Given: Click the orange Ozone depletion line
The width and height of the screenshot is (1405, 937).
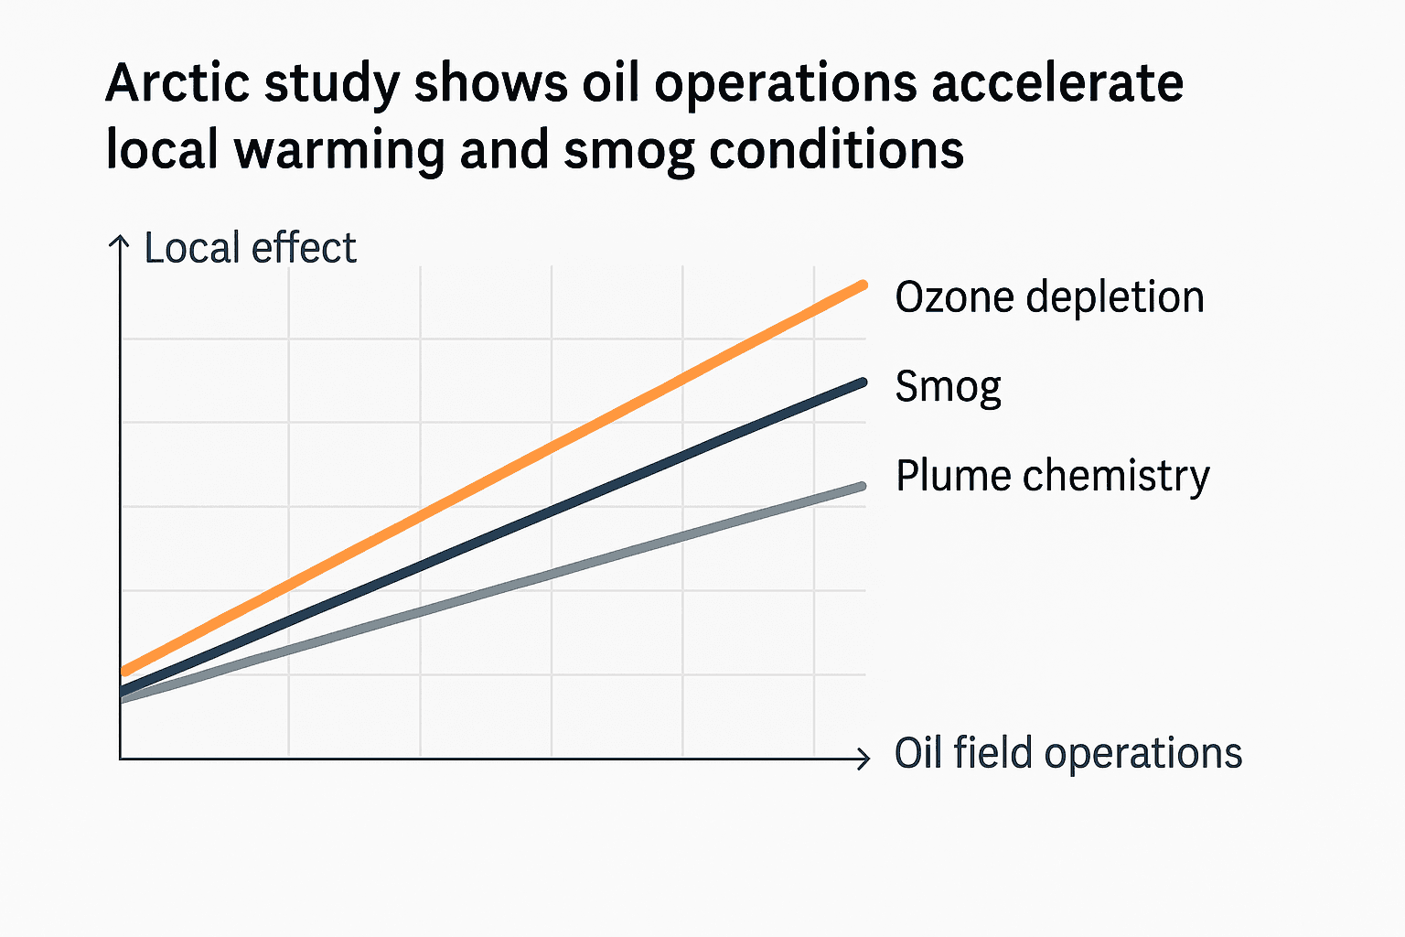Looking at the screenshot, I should pos(494,478).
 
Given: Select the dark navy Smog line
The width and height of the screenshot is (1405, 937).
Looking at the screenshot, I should pos(494,536).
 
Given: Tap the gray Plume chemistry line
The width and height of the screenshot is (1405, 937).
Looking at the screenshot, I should pos(494,592).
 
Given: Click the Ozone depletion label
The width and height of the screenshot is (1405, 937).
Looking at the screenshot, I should pos(1049,297).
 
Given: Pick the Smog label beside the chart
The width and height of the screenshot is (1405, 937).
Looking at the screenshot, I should pos(948,387).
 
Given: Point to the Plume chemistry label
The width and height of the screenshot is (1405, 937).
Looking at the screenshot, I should pos(1052,476).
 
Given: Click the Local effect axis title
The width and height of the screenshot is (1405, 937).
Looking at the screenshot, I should pos(250,248).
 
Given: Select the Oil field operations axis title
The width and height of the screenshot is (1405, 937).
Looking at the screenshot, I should pos(1067,753).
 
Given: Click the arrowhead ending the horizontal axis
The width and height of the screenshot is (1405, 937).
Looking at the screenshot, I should pos(863,758).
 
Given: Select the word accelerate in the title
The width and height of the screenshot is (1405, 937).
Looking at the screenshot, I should pos(1056,84).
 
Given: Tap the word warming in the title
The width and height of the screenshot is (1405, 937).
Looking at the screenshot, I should pos(338,151).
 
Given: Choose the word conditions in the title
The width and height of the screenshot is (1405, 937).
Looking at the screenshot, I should pos(836,151).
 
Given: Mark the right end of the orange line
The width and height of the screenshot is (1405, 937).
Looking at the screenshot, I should pos(863,285).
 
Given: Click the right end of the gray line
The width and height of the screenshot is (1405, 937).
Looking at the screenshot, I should pos(863,486).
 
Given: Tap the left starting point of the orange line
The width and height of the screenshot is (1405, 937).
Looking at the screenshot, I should pos(125,672).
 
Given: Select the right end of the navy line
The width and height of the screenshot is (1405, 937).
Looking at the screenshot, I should pos(863,382).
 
